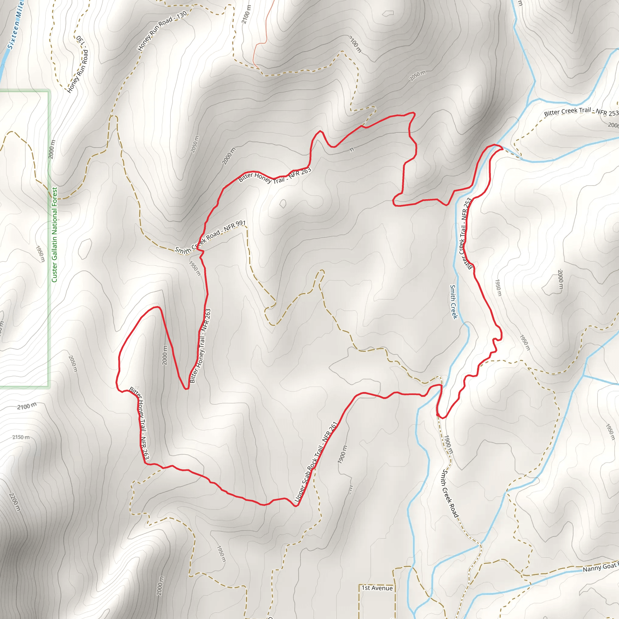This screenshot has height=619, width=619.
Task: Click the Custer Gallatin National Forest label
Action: point(54,235)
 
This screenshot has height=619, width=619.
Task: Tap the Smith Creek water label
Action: point(453,302)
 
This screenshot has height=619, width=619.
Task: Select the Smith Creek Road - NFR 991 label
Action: point(210,237)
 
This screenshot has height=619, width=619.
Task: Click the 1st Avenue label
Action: point(377,588)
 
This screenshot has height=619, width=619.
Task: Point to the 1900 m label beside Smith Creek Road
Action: point(449,444)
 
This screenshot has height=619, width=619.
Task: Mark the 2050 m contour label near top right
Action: point(417,76)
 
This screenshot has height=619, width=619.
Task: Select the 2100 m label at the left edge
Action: point(27,407)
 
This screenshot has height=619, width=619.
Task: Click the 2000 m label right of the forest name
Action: point(52,149)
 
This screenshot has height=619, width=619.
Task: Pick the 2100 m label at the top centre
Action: point(246,15)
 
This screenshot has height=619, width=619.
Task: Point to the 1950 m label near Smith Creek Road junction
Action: point(195,268)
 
